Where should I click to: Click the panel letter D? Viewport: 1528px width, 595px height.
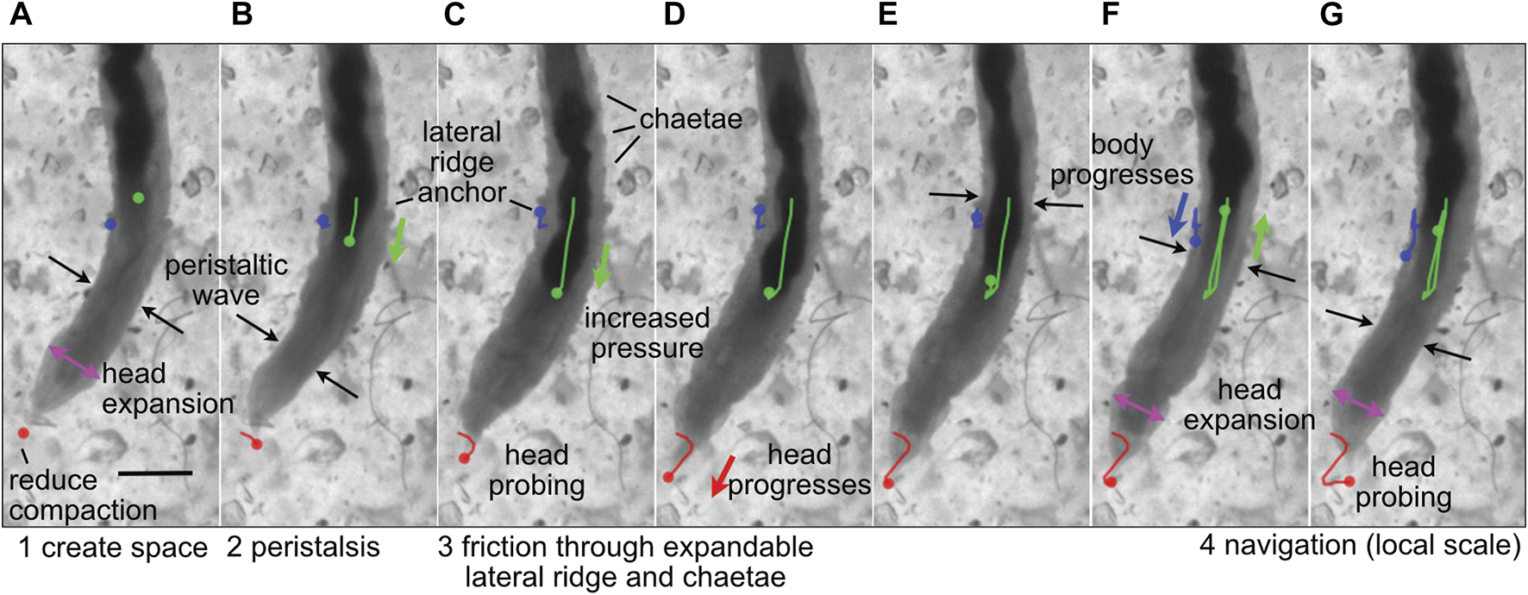[674, 16]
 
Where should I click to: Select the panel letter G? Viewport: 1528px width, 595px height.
[1331, 16]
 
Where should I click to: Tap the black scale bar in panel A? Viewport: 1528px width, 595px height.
[155, 473]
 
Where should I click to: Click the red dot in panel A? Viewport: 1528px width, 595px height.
[23, 432]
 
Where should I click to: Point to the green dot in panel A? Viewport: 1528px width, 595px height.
[138, 197]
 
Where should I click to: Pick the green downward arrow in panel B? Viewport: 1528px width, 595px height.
[397, 240]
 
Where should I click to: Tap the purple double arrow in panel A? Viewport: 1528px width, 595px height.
[74, 361]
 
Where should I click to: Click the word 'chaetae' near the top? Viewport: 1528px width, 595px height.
[691, 119]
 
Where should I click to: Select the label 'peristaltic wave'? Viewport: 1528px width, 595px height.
[226, 279]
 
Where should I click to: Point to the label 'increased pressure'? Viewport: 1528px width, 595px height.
[647, 333]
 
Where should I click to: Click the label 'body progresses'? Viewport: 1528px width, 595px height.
[1122, 160]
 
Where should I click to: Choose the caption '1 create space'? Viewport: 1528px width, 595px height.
[113, 548]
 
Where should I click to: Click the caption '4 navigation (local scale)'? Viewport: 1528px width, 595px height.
[1360, 545]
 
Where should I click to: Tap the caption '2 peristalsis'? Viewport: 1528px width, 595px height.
[303, 548]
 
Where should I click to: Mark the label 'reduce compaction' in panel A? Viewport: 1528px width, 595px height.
[83, 495]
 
